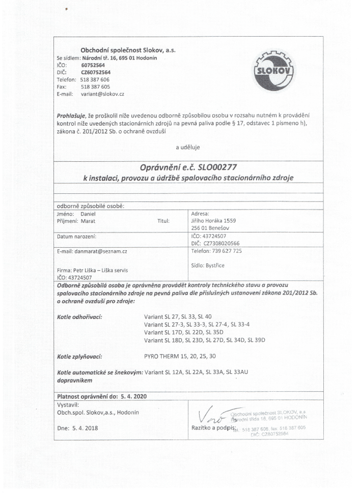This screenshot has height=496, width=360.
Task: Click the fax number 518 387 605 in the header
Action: coord(92,87)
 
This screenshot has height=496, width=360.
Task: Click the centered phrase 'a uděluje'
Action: coord(188,148)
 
